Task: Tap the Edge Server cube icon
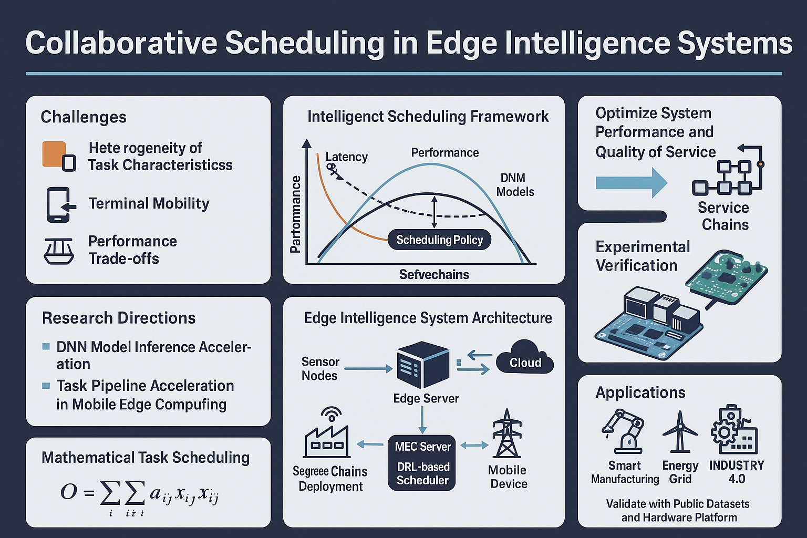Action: tap(423, 364)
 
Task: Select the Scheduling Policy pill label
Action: tap(440, 240)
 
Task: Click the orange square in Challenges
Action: tap(54, 154)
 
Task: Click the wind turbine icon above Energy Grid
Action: tap(680, 432)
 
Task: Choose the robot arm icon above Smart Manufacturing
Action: tap(623, 431)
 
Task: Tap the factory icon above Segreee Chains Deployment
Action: tap(327, 432)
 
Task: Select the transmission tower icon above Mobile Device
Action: tap(507, 433)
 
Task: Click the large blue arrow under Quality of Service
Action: tap(632, 183)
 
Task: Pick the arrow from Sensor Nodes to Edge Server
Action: tap(368, 369)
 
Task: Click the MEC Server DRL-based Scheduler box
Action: tap(422, 463)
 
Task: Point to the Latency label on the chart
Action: tap(346, 157)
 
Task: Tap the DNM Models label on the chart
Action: tap(515, 184)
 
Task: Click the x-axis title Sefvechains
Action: tap(434, 275)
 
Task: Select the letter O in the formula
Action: tap(69, 492)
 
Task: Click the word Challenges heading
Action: tap(84, 117)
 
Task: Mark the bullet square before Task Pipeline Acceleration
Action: tap(46, 386)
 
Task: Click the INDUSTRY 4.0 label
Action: tap(737, 472)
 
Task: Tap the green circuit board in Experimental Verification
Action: tap(726, 277)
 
